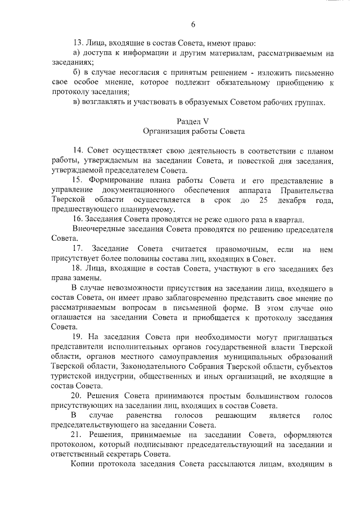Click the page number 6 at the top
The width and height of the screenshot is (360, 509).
[x=193, y=24]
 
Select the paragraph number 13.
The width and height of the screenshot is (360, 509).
[x=79, y=43]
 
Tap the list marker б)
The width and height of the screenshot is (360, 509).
[x=78, y=73]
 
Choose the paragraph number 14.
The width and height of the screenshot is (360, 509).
[x=79, y=151]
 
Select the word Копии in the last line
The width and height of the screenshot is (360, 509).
[x=85, y=464]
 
